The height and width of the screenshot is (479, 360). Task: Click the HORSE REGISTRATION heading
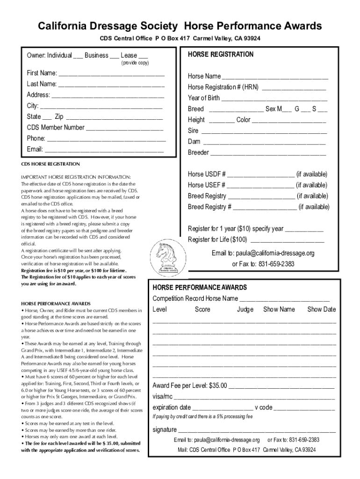pos(221,54)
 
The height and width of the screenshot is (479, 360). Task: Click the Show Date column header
pos(321,309)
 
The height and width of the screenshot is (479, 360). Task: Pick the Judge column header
pos(245,309)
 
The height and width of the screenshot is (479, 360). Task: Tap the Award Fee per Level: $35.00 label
pos(190,386)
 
